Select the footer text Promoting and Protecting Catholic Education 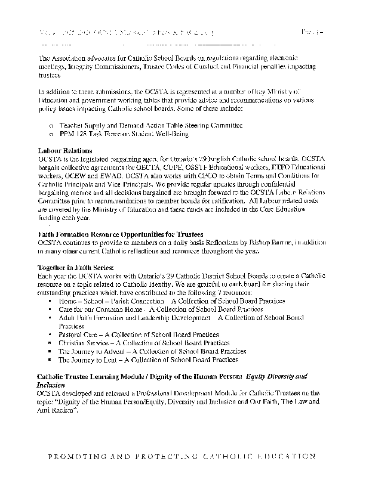[x=184, y=456]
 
